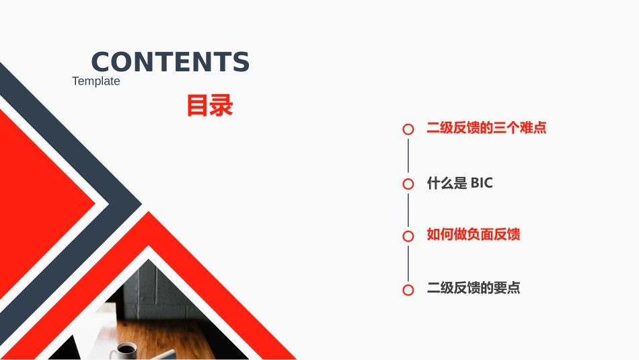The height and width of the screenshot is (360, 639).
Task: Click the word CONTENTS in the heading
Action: click(x=170, y=62)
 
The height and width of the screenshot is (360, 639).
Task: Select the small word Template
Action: click(x=96, y=81)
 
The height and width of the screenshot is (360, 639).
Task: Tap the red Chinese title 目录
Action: click(x=209, y=106)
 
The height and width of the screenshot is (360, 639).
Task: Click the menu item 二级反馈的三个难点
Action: click(x=486, y=128)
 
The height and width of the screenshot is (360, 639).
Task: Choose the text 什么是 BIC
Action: click(x=460, y=182)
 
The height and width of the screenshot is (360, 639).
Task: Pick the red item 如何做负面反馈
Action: click(x=474, y=235)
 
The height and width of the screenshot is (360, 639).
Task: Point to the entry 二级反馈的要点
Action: click(x=474, y=288)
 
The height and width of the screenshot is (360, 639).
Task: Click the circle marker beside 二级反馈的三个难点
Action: click(x=408, y=129)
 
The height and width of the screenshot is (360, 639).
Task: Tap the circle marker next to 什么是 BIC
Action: click(x=408, y=184)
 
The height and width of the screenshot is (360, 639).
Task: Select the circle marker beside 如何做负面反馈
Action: click(x=408, y=236)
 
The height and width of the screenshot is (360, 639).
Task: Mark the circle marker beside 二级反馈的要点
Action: click(x=408, y=289)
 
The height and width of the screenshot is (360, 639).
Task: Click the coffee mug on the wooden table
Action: click(x=126, y=350)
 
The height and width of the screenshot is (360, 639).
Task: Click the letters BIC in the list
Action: click(x=482, y=182)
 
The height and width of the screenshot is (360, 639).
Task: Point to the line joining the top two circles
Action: click(x=408, y=156)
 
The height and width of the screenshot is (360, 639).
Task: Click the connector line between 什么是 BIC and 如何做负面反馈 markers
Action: click(x=408, y=210)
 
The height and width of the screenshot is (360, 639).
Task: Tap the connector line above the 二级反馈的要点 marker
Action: click(x=408, y=263)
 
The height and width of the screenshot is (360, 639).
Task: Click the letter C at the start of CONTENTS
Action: click(x=100, y=62)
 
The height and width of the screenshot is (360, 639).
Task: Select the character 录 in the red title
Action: click(x=221, y=106)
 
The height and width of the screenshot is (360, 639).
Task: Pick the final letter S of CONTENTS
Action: click(x=241, y=62)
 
